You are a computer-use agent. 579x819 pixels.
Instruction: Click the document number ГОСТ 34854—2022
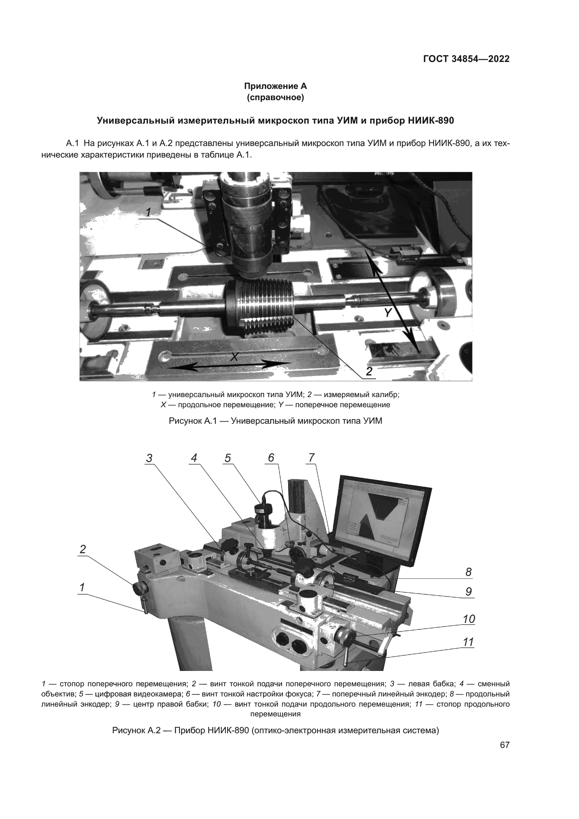(x=466, y=59)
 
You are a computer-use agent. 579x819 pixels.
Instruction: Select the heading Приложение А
(x=275, y=86)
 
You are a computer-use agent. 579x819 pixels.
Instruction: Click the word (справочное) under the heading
(x=275, y=97)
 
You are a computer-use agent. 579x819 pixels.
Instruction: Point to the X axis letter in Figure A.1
(x=234, y=356)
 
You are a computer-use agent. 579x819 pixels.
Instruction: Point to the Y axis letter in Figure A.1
(x=388, y=312)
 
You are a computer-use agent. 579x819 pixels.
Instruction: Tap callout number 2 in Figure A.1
(x=369, y=371)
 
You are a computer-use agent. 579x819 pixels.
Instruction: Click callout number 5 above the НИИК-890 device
(x=228, y=458)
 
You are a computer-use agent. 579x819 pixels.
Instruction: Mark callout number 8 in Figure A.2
(x=468, y=572)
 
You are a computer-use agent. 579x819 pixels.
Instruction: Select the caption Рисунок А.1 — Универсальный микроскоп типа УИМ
(x=275, y=421)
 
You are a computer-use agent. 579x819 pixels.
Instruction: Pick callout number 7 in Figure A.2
(x=312, y=458)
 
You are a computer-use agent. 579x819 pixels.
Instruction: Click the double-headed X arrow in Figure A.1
(x=228, y=365)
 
